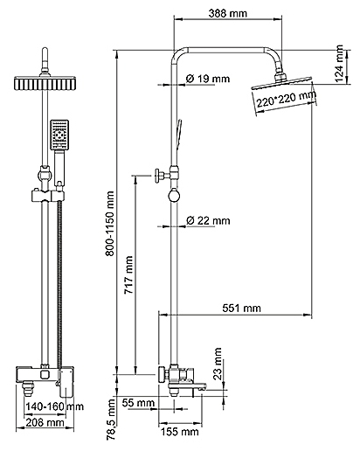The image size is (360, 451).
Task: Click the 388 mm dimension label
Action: tap(227, 13)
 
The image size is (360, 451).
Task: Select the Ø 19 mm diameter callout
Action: tap(208, 79)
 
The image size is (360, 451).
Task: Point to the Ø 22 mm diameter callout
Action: tap(208, 220)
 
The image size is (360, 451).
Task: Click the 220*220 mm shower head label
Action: tap(286, 99)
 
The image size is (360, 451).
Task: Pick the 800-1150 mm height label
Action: tap(110, 224)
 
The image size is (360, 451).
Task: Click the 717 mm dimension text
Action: tap(128, 274)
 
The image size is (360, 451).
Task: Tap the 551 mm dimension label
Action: tap(241, 308)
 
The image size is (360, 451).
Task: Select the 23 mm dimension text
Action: tap(218, 364)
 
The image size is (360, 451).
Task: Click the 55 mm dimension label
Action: tap(138, 403)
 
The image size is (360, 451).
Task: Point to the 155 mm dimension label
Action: tap(180, 432)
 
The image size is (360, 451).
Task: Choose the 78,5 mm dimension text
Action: tap(112, 420)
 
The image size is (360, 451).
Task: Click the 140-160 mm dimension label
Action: tap(54, 406)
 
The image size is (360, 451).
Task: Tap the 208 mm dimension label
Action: tap(45, 422)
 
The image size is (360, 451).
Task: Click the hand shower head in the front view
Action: tap(59, 135)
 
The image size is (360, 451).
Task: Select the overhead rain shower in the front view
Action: tap(45, 83)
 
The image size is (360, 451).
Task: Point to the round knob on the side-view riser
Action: tap(174, 195)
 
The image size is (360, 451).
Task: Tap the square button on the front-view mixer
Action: tap(45, 374)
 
